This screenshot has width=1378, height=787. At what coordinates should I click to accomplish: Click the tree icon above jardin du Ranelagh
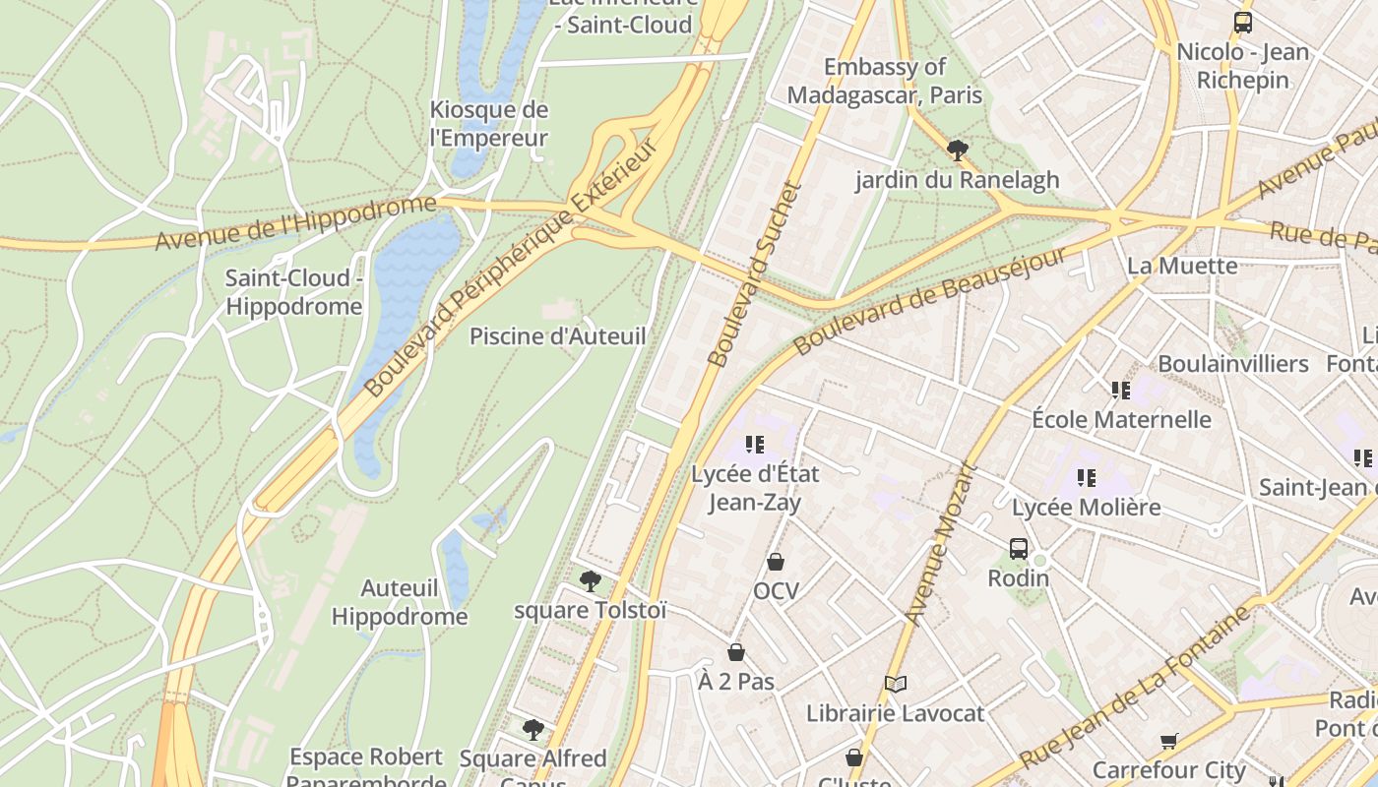coord(957,151)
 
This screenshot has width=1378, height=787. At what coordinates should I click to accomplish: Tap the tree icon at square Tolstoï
coord(591,581)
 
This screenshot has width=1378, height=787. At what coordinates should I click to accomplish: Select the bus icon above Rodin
coord(1019,548)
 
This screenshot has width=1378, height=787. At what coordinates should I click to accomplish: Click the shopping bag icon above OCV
coord(776,562)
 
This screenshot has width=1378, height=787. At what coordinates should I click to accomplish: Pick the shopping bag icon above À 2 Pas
coord(736,652)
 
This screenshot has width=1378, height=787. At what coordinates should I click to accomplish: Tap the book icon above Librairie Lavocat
coord(895,684)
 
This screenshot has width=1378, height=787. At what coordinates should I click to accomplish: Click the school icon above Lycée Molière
coord(1087,478)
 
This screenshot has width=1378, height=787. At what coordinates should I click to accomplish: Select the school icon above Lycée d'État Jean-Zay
coord(755,445)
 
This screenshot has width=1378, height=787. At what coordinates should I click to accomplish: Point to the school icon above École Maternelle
coord(1121,391)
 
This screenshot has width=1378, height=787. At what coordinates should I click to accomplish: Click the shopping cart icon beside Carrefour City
coord(1169,741)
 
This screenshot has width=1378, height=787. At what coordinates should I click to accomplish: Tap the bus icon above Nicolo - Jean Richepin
coord(1243,23)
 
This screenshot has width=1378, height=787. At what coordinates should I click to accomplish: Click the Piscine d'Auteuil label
coord(557,336)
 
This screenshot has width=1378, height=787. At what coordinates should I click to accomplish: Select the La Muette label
coord(1182,266)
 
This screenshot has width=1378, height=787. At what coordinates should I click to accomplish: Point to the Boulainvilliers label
coord(1232,364)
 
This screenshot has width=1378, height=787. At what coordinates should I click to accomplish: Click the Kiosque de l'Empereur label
coord(489,124)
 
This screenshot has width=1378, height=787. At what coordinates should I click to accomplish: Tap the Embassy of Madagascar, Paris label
coord(885,81)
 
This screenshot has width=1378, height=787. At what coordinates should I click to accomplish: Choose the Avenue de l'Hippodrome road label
coord(295,222)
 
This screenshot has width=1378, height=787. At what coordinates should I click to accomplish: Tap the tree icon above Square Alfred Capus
coord(533,730)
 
